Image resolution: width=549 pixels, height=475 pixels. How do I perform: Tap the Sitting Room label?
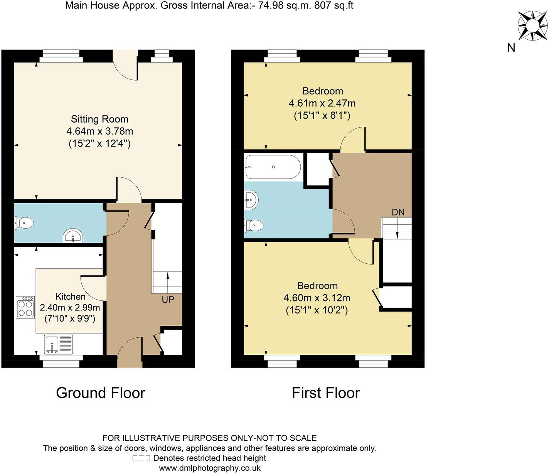99,119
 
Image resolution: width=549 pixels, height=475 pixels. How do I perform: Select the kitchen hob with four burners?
25,307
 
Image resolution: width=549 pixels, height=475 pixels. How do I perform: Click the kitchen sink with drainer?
58,344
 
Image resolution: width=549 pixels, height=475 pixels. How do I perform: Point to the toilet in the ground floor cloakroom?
24,222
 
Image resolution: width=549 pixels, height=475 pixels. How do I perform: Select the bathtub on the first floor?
273,167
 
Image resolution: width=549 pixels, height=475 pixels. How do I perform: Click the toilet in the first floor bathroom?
253,225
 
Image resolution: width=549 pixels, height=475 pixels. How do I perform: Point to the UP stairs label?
168,300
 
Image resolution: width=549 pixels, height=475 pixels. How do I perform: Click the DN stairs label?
398,212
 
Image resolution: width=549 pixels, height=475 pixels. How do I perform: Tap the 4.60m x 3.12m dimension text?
317,298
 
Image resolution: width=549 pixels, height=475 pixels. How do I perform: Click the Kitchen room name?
71,296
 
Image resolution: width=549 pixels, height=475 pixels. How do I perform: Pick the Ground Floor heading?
101,393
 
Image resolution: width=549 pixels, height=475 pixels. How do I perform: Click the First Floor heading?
326,393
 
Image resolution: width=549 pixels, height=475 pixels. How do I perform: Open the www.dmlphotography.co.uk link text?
210,468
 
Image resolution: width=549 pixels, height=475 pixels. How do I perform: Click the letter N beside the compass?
511,48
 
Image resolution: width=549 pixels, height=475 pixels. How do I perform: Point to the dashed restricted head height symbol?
141,458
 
